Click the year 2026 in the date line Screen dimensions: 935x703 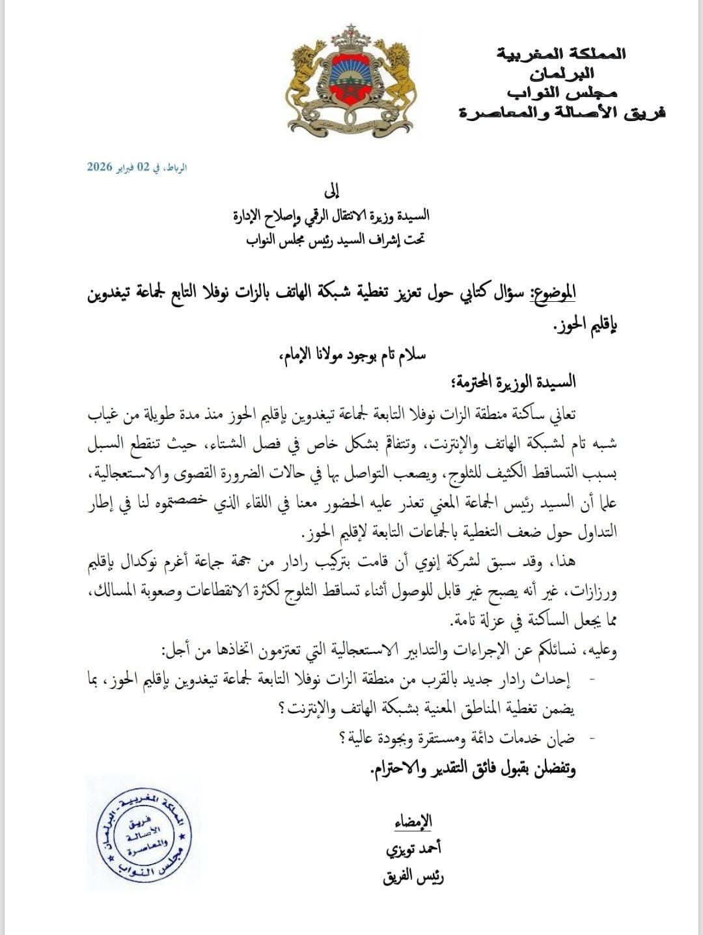(100, 167)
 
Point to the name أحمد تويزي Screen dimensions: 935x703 (414, 848)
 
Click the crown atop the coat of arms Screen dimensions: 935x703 (352, 40)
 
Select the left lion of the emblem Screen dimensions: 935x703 (306, 78)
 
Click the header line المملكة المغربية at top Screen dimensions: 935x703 (561, 53)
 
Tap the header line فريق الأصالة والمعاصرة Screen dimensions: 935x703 (561, 113)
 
